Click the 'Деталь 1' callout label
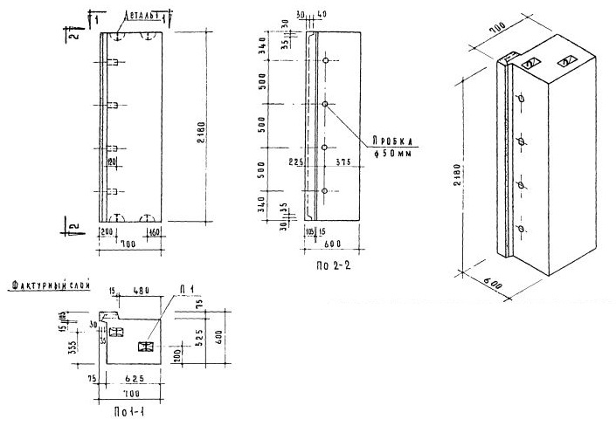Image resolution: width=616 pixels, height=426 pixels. [141, 15]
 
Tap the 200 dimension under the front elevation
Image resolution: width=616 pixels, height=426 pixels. [107, 233]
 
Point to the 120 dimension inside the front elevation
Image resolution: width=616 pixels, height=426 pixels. [111, 161]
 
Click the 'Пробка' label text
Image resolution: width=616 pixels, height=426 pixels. [391, 137]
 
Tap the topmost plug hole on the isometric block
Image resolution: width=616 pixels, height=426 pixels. [523, 99]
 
